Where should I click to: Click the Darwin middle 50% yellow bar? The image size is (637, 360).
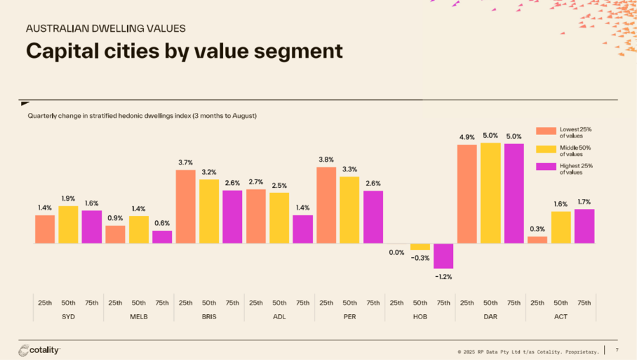[490, 193]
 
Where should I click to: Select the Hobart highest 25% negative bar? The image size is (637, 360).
[443, 256]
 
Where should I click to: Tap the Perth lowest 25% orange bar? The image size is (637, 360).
[326, 205]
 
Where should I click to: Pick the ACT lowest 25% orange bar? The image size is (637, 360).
[537, 240]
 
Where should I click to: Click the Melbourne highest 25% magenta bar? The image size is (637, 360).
[162, 236]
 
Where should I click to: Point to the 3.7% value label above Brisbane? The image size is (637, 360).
[185, 163]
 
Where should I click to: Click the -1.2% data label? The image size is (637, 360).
[443, 277]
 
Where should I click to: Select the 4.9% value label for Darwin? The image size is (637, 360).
[467, 137]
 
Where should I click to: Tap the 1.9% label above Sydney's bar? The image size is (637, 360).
[68, 198]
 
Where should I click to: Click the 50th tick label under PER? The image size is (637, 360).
[350, 303]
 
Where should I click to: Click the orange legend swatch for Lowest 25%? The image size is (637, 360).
[546, 131]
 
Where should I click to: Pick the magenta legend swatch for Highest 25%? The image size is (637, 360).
[546, 168]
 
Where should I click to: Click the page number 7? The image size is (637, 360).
[617, 350]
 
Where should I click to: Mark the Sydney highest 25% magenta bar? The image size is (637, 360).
[92, 227]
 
